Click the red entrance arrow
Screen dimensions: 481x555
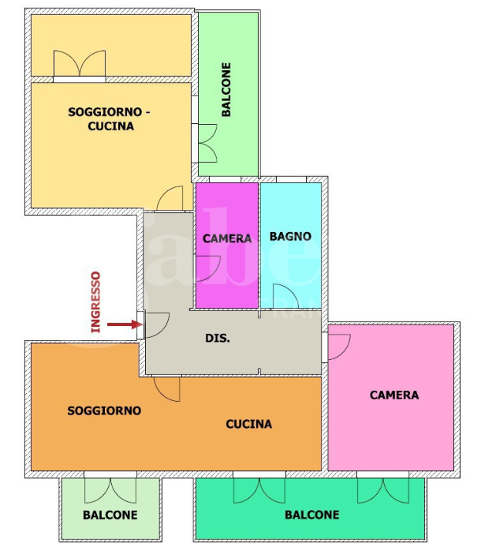(125, 325)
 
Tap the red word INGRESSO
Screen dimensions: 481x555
(96, 302)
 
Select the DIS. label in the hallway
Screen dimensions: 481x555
(217, 338)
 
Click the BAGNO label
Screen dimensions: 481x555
(291, 236)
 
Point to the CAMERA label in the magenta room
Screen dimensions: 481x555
(227, 238)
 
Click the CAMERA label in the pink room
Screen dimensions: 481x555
(395, 395)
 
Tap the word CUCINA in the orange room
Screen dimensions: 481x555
(249, 424)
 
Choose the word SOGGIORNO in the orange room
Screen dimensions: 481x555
(104, 410)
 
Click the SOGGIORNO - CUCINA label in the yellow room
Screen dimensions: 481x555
(109, 119)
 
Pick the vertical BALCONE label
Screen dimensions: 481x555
(226, 89)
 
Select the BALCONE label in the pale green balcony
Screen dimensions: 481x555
(110, 515)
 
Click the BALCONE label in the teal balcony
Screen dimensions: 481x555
(312, 514)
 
